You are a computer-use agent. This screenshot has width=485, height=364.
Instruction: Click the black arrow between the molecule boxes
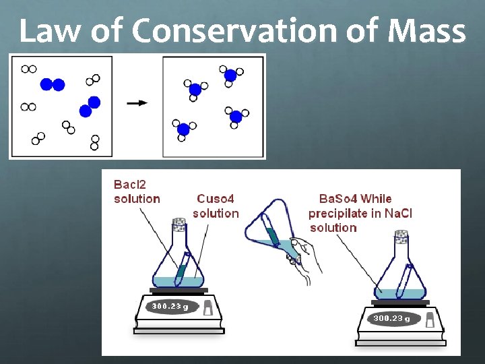tap(137, 103)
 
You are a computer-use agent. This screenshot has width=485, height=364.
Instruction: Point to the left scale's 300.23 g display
tap(170, 307)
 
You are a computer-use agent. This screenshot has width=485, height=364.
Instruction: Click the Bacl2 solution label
tap(137, 191)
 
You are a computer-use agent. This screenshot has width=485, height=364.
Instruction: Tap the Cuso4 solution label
tap(216, 206)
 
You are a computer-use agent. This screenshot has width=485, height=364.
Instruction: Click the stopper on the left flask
tap(179, 222)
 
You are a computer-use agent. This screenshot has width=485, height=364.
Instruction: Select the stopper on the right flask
tap(402, 237)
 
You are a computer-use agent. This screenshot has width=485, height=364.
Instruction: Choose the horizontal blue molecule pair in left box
tap(52, 84)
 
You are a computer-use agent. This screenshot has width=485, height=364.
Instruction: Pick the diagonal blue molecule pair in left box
tap(90, 107)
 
